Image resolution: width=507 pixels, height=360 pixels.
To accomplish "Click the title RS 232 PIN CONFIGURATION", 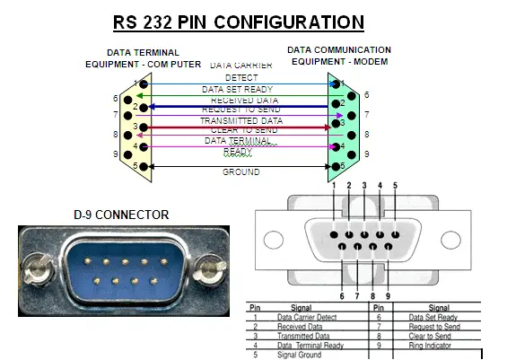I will (x=238, y=22).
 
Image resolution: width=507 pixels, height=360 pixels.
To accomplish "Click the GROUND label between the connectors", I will (x=241, y=171).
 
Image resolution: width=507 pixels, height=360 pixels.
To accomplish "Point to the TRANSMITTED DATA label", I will (x=240, y=120).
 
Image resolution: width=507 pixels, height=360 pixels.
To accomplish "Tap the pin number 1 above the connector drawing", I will (x=333, y=186).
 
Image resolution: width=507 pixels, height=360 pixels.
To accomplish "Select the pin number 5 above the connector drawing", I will (x=395, y=186).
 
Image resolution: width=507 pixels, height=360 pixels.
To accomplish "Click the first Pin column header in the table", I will (x=255, y=308).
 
